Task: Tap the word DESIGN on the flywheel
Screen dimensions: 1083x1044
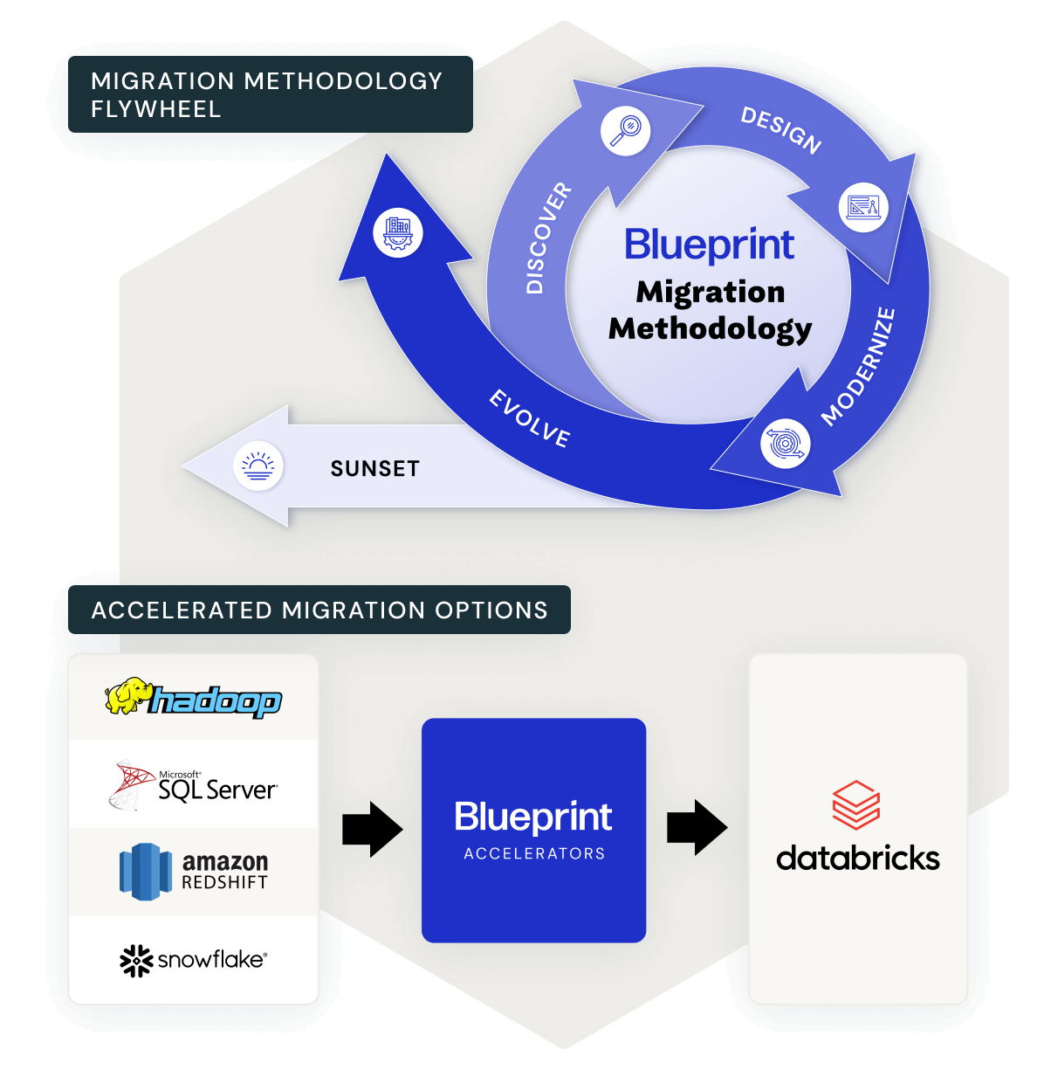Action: point(780,129)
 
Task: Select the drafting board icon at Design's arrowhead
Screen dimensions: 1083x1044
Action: point(863,208)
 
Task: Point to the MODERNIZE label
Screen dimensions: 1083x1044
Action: point(859,367)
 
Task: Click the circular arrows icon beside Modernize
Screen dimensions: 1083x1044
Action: point(785,443)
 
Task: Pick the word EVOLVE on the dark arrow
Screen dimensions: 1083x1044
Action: point(530,418)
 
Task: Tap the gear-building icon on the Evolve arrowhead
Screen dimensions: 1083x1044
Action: point(398,232)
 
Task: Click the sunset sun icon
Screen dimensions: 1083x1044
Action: point(258,466)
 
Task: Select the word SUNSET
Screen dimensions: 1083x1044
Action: point(374,469)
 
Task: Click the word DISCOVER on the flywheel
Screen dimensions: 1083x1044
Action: point(547,238)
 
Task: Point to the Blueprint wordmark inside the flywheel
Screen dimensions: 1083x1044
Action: point(709,245)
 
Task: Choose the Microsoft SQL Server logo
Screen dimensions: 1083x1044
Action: point(194,785)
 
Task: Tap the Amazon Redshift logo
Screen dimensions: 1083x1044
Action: point(194,871)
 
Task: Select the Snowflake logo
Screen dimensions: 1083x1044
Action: point(194,960)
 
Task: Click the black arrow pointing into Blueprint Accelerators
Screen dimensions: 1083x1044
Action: point(372,829)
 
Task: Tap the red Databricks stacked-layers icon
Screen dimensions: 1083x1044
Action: point(855,804)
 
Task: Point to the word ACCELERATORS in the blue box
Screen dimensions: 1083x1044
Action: point(534,853)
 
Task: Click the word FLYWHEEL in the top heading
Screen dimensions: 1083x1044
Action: point(156,109)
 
